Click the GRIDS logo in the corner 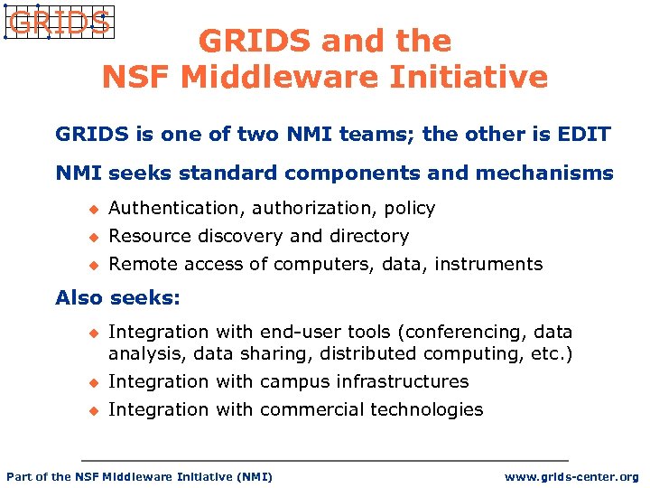pyautogui.click(x=58, y=22)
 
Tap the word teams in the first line pyautogui.click(x=368, y=135)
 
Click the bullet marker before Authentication pyautogui.click(x=90, y=209)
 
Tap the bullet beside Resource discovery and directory pyautogui.click(x=90, y=237)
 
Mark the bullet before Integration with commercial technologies pyautogui.click(x=90, y=410)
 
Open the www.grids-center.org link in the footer pyautogui.click(x=571, y=476)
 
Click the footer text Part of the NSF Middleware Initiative pyautogui.click(x=139, y=476)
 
